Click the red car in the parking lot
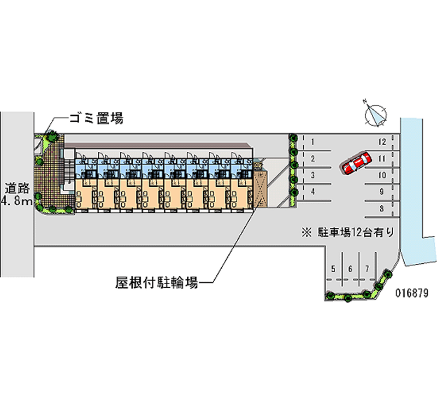[x=356, y=163]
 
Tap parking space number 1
[x=312, y=143]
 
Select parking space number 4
[x=312, y=192]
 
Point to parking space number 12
[x=382, y=143]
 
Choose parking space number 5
[x=333, y=269]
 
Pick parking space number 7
[x=368, y=269]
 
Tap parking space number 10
[x=382, y=175]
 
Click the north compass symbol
[x=376, y=114]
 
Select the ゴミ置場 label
[x=96, y=117]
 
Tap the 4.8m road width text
[x=17, y=202]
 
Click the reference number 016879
[x=412, y=293]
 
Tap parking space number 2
[x=312, y=159]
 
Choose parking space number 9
[x=382, y=192]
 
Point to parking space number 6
[x=350, y=269]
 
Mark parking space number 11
[x=382, y=159]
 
